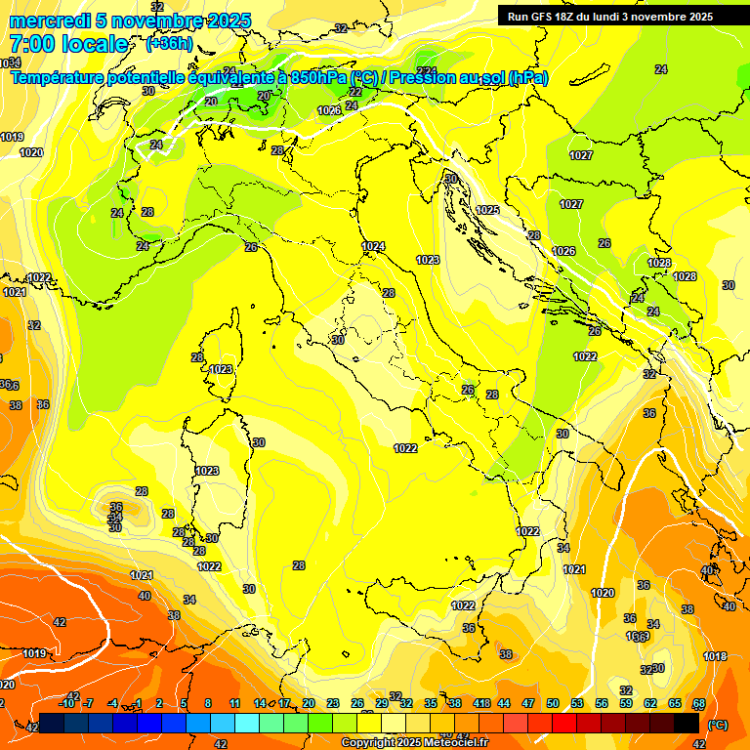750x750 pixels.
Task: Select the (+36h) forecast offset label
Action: pos(169,44)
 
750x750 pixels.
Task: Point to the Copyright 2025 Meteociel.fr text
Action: pos(414,743)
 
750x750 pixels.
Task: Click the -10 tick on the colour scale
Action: pos(67,703)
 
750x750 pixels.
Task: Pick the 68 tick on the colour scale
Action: pos(699,703)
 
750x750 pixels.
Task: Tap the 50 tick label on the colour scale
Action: pos(553,703)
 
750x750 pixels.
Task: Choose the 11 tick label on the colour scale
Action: pos(234,703)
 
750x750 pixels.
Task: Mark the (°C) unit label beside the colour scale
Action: pos(717,725)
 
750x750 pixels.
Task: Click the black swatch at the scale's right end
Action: pos(687,723)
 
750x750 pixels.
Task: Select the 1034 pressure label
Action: pos(10,62)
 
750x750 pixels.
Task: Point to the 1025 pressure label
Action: pos(487,210)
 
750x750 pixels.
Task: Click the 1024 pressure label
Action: pos(372,246)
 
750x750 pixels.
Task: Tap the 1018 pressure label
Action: pos(715,656)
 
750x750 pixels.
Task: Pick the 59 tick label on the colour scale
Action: pos(626,703)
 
